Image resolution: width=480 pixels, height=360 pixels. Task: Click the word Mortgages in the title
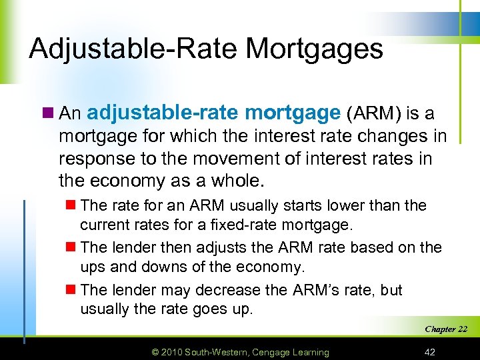coord(315,49)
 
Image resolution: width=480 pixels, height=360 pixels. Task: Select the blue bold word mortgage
coord(293,113)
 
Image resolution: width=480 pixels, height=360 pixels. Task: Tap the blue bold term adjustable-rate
coord(163,113)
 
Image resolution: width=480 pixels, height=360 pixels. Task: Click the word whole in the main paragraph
coord(239,181)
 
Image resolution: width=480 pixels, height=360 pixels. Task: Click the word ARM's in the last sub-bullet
coord(316,290)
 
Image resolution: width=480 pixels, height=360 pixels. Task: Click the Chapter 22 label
coord(446,329)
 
